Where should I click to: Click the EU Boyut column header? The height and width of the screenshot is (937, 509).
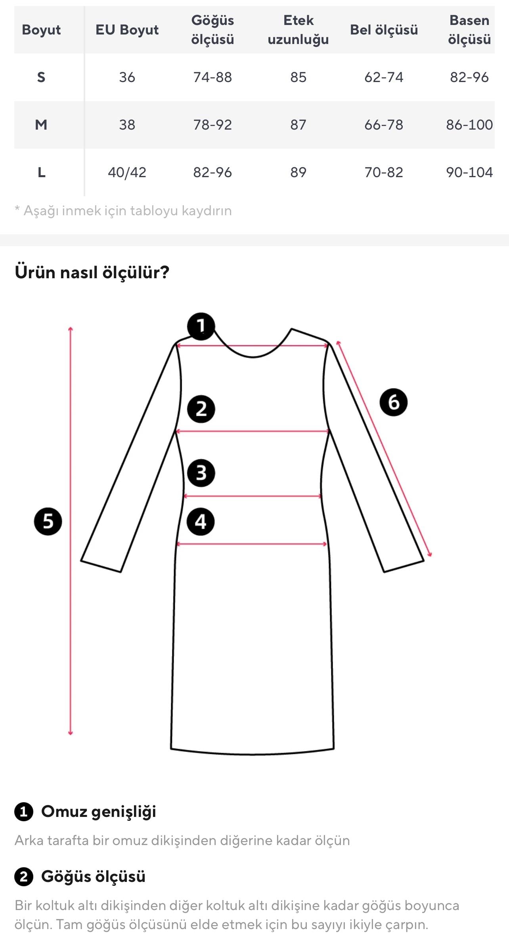click(127, 30)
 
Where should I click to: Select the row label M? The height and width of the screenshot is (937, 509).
click(41, 125)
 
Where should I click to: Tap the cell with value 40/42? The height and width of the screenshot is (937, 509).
click(127, 172)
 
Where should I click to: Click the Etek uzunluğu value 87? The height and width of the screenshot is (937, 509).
click(298, 125)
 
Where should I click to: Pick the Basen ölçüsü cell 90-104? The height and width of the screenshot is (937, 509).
click(469, 172)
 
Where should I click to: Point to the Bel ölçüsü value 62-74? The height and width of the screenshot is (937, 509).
click(383, 77)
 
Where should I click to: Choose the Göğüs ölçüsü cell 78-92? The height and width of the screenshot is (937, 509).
click(212, 125)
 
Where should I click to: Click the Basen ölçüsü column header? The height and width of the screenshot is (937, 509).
click(469, 30)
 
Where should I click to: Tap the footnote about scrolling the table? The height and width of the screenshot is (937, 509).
click(123, 210)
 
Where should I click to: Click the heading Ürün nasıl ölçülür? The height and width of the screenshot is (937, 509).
click(92, 272)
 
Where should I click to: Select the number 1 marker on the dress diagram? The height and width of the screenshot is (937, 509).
click(201, 326)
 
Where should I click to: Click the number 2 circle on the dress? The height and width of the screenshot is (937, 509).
click(201, 409)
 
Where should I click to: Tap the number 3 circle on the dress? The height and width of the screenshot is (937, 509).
click(201, 473)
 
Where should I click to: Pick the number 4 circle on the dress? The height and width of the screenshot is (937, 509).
click(201, 522)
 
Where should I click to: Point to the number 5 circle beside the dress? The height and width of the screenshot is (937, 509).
click(48, 521)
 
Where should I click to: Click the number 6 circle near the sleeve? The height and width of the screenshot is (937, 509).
click(393, 402)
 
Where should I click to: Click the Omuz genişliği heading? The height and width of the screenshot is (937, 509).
click(98, 811)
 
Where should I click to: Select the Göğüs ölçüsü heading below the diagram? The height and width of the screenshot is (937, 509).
click(93, 876)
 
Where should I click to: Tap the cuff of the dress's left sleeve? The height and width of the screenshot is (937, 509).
click(101, 566)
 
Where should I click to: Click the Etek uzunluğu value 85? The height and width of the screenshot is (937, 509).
click(298, 77)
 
